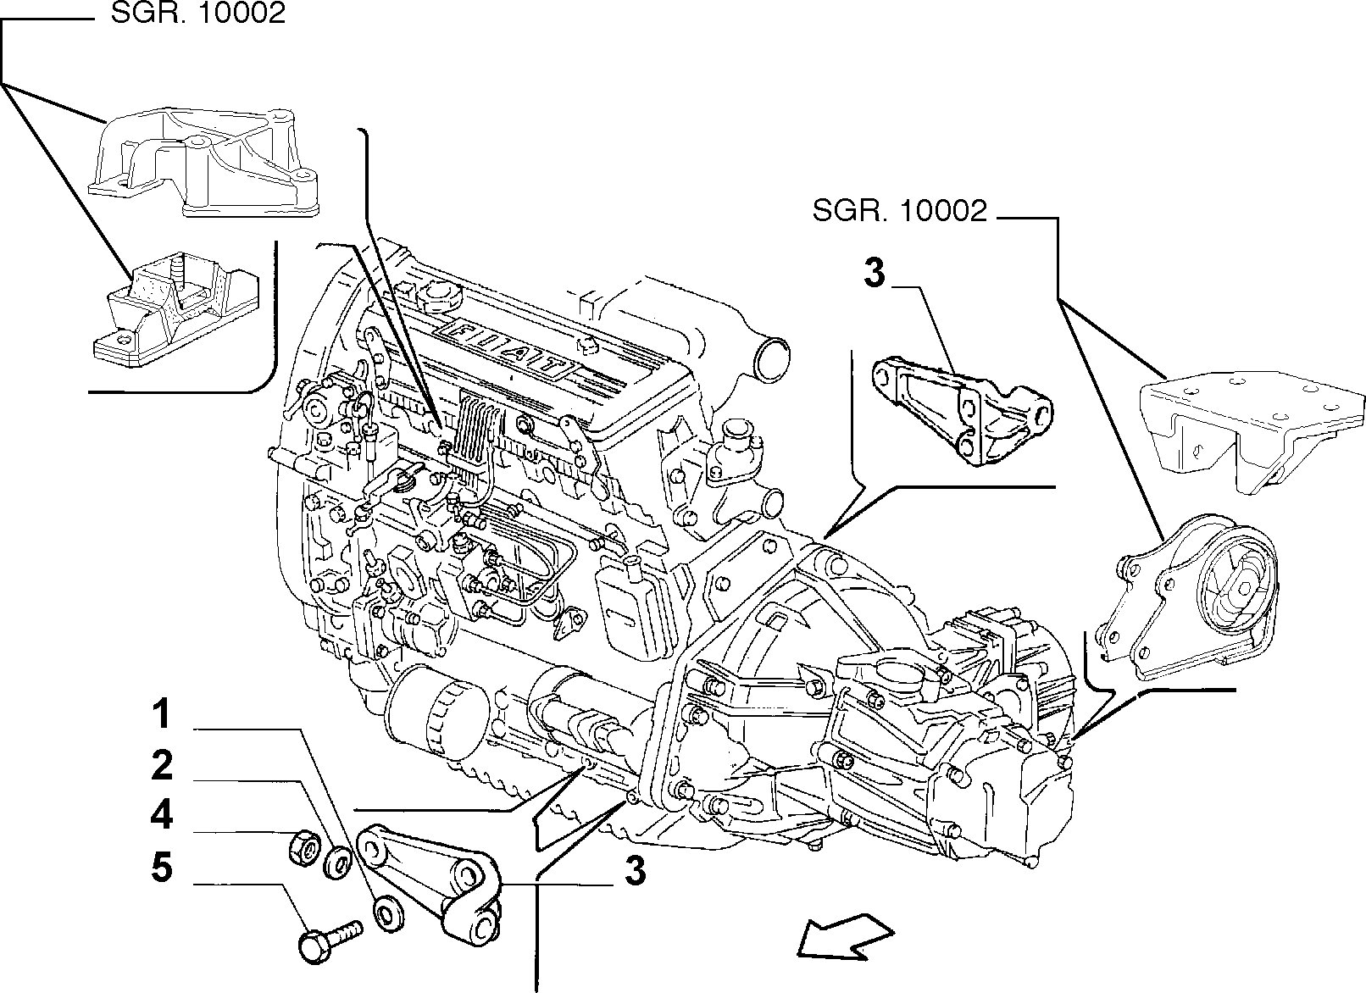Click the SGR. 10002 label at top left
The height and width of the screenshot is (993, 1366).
coord(197,14)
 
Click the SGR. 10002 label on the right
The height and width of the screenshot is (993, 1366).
coord(899,210)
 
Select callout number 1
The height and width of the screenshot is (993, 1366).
coord(161,716)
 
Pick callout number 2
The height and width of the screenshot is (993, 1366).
coord(161,766)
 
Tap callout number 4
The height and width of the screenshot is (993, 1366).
coord(161,815)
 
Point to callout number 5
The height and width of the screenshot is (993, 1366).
coord(161,868)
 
